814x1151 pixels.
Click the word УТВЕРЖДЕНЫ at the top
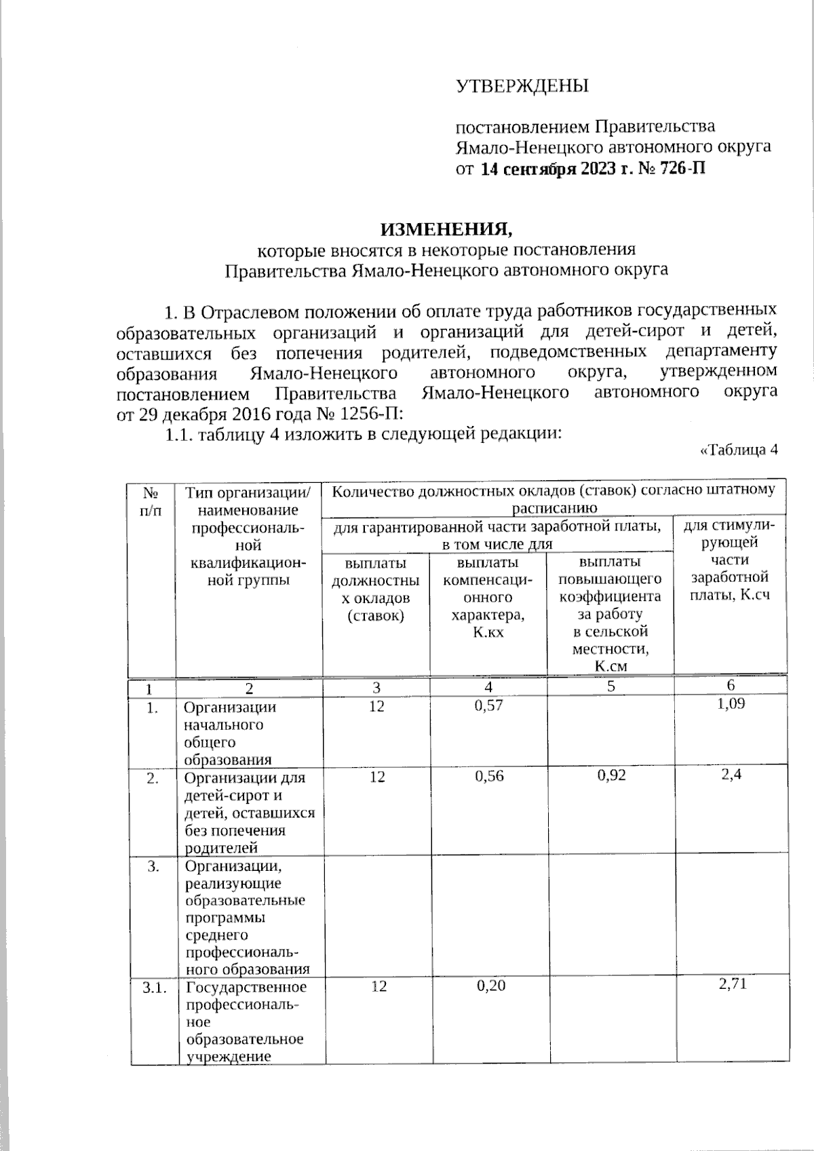pyautogui.click(x=521, y=86)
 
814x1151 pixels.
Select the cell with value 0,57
pyautogui.click(x=488, y=706)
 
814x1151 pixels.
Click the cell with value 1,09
pyautogui.click(x=731, y=704)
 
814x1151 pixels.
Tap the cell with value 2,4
pyautogui.click(x=731, y=775)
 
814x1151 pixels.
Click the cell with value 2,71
pyautogui.click(x=732, y=983)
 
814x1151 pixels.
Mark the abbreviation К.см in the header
pyautogui.click(x=610, y=666)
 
